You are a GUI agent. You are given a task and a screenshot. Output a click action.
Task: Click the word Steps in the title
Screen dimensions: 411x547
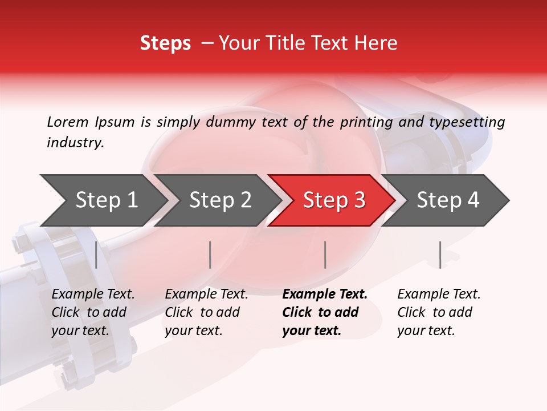[165, 43]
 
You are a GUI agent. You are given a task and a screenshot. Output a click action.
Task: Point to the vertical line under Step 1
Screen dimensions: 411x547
[96, 255]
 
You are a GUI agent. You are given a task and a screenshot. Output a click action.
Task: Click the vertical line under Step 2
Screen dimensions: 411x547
[210, 255]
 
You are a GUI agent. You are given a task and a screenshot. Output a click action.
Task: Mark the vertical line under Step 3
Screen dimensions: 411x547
[325, 255]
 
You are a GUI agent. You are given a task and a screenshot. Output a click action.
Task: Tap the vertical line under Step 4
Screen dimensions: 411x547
[440, 255]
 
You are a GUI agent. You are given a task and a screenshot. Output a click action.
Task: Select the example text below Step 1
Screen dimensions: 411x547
[93, 312]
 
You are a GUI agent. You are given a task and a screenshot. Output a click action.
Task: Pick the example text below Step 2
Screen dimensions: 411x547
[206, 312]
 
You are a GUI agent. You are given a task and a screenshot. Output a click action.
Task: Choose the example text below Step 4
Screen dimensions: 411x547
[439, 312]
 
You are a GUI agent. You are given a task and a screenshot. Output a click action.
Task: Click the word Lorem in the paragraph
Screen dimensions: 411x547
[68, 122]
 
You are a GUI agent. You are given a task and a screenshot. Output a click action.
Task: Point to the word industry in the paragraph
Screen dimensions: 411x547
[75, 143]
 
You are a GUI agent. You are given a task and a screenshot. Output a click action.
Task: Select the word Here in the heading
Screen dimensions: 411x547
[378, 43]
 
